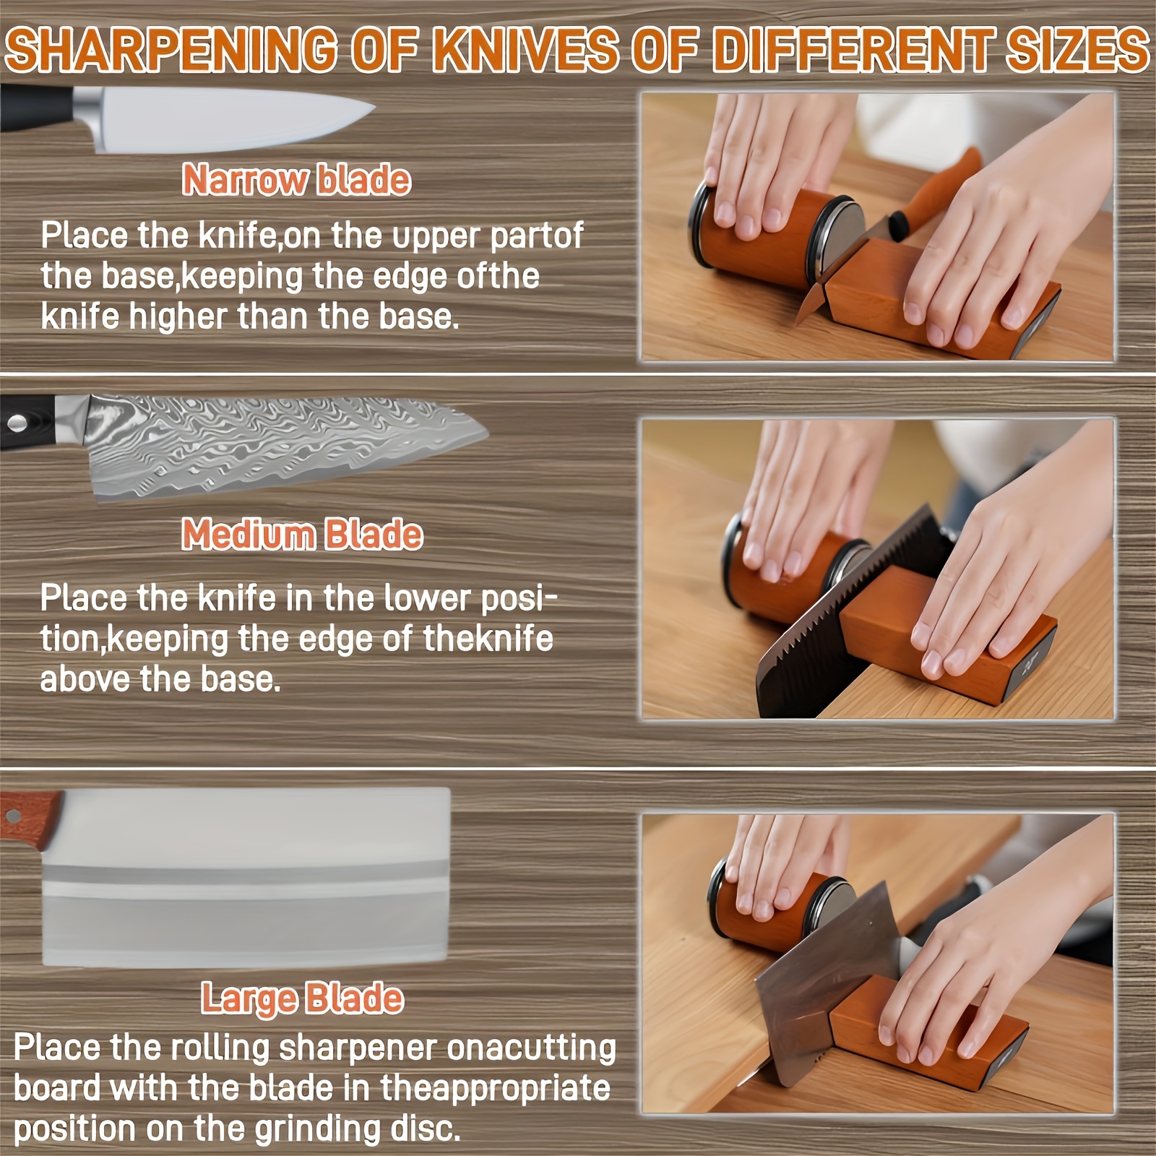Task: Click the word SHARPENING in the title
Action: coord(171,50)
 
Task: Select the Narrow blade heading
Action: coord(296,180)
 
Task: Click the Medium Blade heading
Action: coord(302,535)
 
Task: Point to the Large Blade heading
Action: coord(302,998)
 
